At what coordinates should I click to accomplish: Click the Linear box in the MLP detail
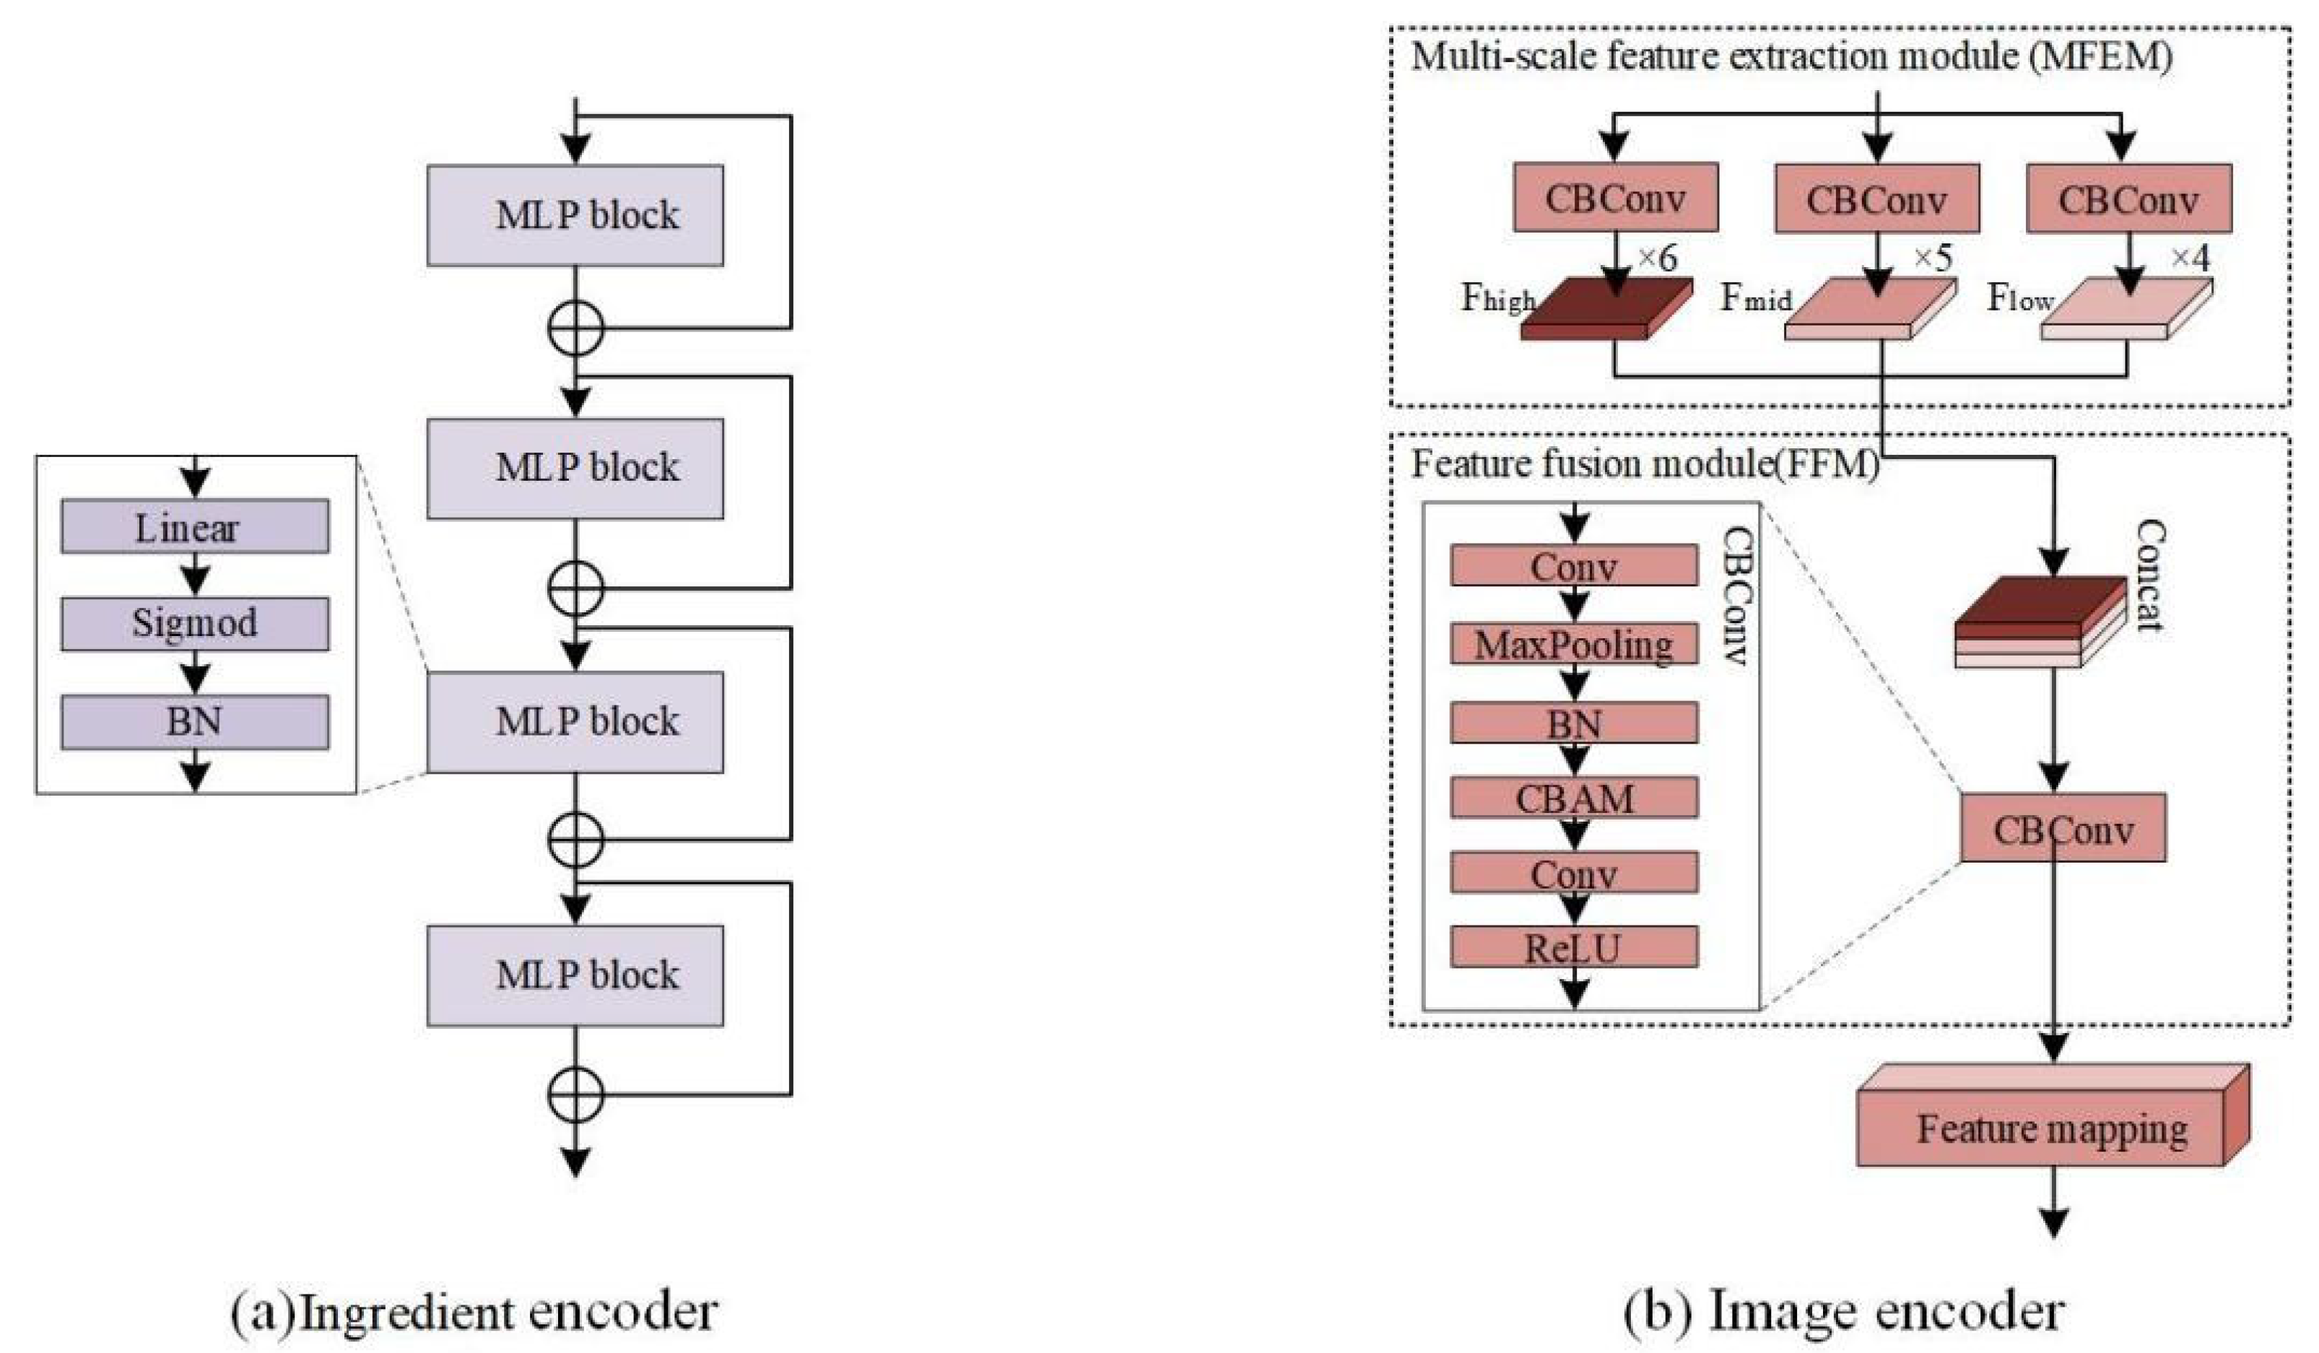click(194, 526)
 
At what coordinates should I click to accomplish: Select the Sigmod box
click(194, 624)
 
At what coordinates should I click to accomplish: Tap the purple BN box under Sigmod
click(194, 721)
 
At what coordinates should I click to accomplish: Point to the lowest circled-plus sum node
click(575, 1095)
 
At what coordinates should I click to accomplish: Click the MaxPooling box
click(1574, 644)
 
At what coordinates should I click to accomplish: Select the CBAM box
click(1574, 797)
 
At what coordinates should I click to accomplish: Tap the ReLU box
click(1574, 947)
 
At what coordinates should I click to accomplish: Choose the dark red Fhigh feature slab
click(1606, 313)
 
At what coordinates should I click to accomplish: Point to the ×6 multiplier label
click(1656, 260)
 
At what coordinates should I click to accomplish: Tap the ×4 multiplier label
click(2190, 260)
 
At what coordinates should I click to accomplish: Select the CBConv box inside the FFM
click(2062, 828)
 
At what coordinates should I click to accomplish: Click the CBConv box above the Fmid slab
click(1876, 198)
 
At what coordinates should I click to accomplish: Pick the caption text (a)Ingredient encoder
click(473, 1312)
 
